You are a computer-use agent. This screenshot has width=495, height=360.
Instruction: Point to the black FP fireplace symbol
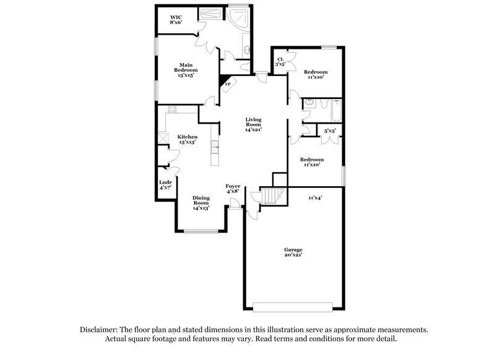[225, 81]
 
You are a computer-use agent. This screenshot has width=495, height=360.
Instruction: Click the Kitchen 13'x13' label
[187, 139]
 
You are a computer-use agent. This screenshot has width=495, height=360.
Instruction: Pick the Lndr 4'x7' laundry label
[165, 184]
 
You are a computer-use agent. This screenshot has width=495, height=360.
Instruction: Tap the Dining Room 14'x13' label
[201, 203]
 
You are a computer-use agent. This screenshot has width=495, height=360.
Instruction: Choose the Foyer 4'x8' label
[233, 189]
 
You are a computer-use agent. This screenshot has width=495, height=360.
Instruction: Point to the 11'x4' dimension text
[316, 197]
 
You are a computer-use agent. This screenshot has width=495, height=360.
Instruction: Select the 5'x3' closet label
[329, 131]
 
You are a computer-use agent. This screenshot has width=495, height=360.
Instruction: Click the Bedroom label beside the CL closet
[316, 74]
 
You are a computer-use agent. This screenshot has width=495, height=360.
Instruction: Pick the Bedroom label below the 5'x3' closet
[312, 162]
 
